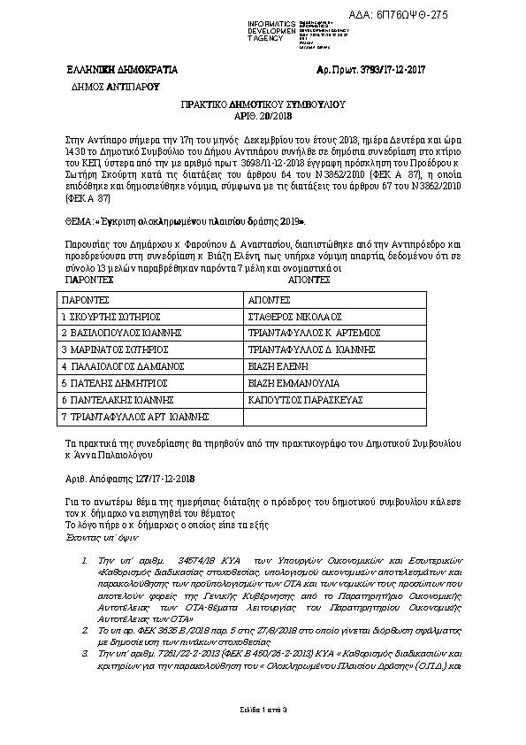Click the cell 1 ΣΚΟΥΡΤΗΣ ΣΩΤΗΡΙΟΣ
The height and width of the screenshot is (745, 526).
[111, 315]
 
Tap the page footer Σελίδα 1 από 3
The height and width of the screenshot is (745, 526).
[263, 709]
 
